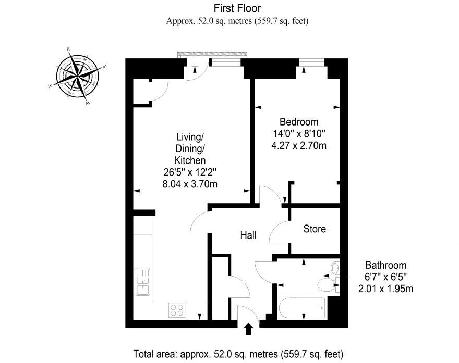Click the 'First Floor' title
pyautogui.click(x=237, y=8)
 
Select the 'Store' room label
pyautogui.click(x=315, y=229)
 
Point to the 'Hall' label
pyautogui.click(x=248, y=235)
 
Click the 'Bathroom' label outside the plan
pyautogui.click(x=385, y=265)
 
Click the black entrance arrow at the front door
pyautogui.click(x=248, y=329)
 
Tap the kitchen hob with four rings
pyautogui.click(x=177, y=310)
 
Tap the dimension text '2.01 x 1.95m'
pyautogui.click(x=386, y=289)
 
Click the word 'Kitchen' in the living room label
pyautogui.click(x=189, y=160)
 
